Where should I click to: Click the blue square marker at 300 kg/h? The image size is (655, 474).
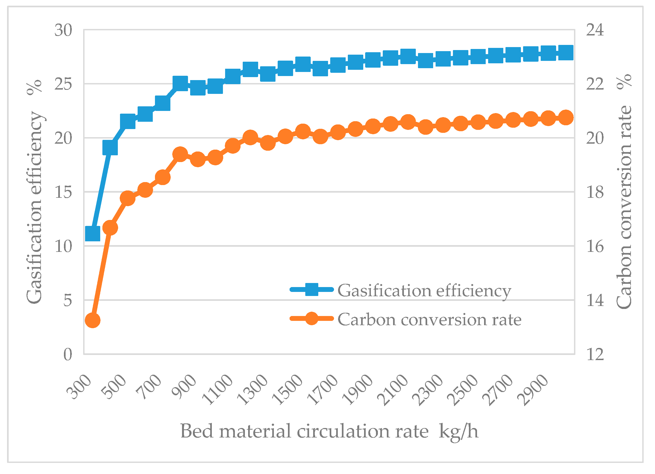(x=93, y=233)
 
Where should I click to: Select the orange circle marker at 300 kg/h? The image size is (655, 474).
(x=93, y=321)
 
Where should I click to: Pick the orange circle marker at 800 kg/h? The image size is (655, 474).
(x=180, y=154)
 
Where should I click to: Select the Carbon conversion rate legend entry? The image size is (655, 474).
(x=406, y=319)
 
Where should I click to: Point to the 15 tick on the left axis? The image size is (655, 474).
(x=63, y=192)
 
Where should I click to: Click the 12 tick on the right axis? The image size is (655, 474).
(x=595, y=354)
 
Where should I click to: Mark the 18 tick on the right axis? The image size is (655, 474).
(x=595, y=192)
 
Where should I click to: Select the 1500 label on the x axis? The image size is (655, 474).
(x=288, y=390)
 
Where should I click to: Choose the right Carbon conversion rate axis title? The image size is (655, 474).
(x=624, y=192)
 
